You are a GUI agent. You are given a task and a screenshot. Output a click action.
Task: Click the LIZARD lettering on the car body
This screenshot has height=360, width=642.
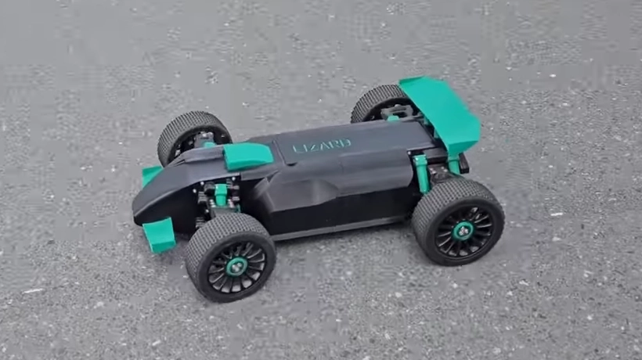[322, 146]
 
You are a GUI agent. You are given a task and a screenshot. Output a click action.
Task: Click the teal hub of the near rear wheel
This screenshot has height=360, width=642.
[463, 231]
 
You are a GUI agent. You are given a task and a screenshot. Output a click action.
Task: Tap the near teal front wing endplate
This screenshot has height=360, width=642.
[160, 234]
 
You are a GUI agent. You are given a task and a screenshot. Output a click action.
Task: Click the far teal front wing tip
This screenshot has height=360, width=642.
[150, 175]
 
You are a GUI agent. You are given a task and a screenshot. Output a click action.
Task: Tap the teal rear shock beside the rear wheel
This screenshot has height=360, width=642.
[422, 173]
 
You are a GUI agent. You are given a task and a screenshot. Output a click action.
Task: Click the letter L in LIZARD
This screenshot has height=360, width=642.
[297, 148]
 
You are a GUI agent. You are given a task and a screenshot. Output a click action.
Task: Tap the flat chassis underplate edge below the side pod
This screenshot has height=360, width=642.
[337, 227]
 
